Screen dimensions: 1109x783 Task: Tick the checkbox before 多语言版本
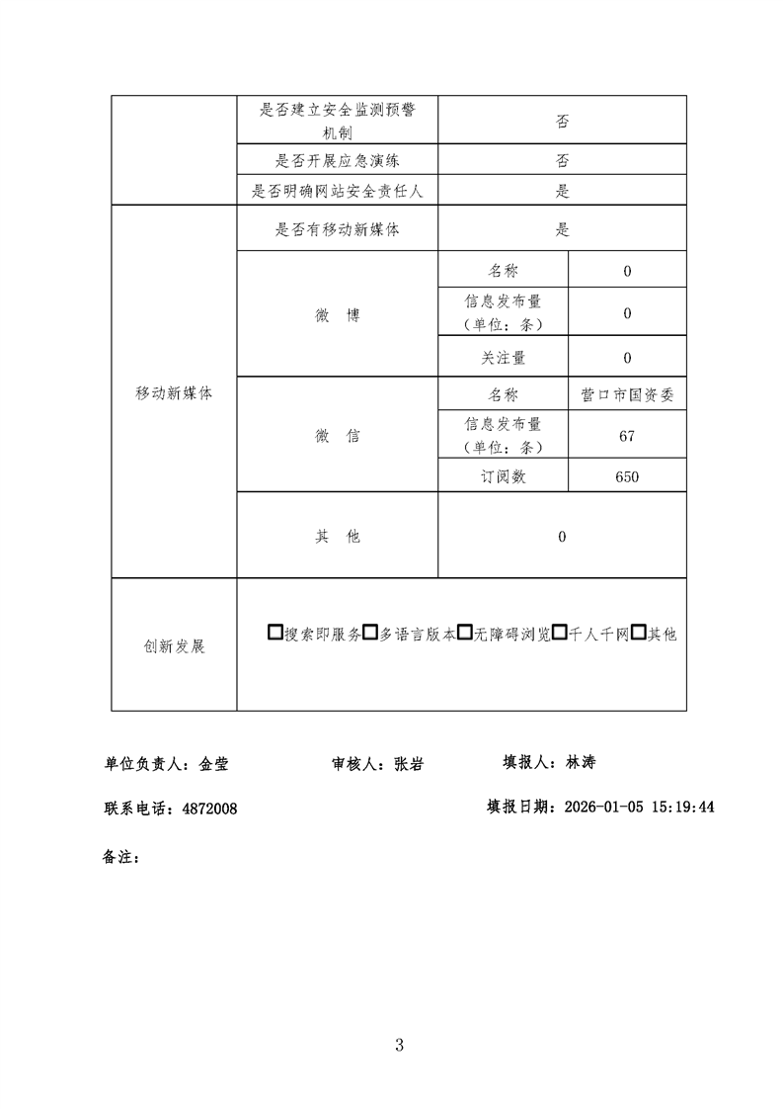(370, 634)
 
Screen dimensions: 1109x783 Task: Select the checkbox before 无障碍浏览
(464, 634)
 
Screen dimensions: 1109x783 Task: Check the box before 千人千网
(559, 634)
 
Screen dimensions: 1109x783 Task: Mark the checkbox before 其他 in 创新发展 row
(638, 634)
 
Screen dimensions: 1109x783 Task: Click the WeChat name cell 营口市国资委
(627, 394)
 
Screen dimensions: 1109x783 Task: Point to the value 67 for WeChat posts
(627, 436)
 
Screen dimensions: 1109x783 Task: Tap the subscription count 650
(627, 476)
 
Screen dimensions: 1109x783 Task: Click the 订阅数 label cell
(503, 476)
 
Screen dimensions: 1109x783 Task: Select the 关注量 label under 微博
(503, 358)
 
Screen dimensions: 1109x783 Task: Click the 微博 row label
(337, 315)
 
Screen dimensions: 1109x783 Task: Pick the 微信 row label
(337, 436)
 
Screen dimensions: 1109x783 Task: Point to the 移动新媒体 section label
(174, 392)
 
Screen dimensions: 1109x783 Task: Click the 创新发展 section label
(174, 646)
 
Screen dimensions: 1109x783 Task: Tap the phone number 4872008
(209, 809)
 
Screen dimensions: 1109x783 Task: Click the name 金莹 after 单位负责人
(214, 764)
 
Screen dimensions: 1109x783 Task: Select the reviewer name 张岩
(409, 764)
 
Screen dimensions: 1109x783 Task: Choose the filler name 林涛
(580, 762)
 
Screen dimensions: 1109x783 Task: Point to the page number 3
(399, 1045)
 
